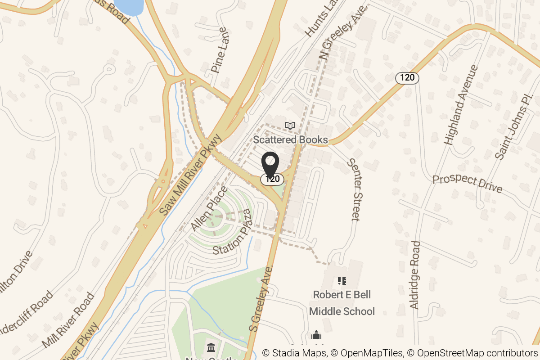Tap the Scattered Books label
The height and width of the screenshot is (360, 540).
(290, 139)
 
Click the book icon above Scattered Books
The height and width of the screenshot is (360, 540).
(291, 126)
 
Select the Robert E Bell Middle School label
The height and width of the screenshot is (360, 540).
(342, 303)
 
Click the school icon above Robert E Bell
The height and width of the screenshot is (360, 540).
(342, 281)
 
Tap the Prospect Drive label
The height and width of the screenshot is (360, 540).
(467, 184)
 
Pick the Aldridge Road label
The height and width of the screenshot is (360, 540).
(415, 274)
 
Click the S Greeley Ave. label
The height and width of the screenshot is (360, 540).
(261, 298)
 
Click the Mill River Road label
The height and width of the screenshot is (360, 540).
(68, 320)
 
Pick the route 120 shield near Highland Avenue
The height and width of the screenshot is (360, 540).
(407, 77)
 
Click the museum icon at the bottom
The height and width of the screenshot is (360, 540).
(211, 347)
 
